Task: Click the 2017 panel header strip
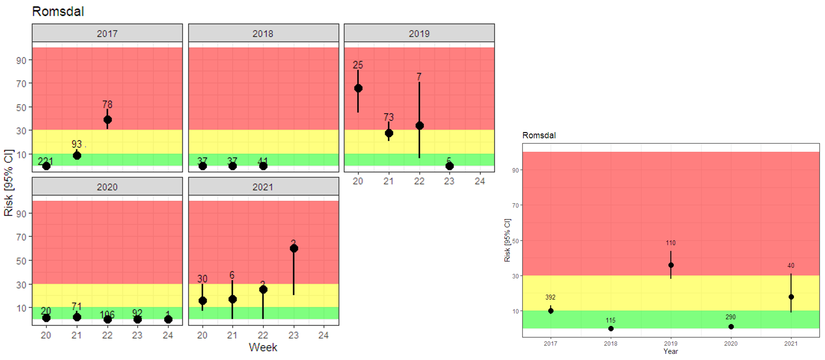tap(107, 33)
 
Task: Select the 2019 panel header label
tap(419, 34)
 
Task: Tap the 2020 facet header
tap(107, 187)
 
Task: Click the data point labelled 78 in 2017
tap(108, 120)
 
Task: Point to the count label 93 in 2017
tap(77, 144)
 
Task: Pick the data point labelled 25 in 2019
tap(358, 88)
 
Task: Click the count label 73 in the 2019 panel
tap(389, 117)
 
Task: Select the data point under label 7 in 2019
tap(419, 126)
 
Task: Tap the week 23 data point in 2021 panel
tap(294, 248)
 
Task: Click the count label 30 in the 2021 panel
tap(202, 279)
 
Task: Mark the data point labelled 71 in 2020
tap(77, 317)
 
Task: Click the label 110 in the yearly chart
tap(670, 243)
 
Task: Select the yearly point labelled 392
tap(551, 311)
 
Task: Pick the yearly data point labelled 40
tap(791, 297)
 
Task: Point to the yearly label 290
tap(730, 317)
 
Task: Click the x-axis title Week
tap(263, 347)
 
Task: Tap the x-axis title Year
tap(670, 351)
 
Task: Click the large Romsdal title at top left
tap(58, 11)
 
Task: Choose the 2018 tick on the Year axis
tap(610, 343)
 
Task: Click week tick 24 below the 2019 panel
tap(480, 181)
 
